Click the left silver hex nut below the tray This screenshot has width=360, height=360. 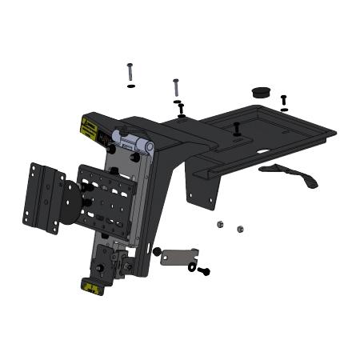[221, 225]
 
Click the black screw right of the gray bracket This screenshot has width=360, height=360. [204, 272]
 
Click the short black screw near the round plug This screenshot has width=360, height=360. [284, 100]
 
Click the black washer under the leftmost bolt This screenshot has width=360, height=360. [130, 86]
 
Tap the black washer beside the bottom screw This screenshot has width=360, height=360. [192, 268]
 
